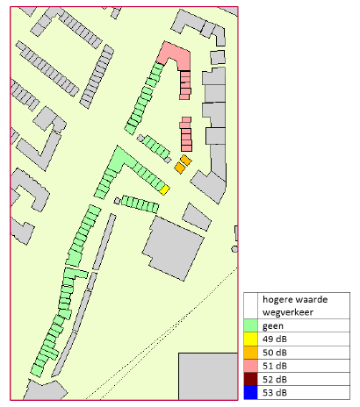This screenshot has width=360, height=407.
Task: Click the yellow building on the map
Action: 164,189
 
